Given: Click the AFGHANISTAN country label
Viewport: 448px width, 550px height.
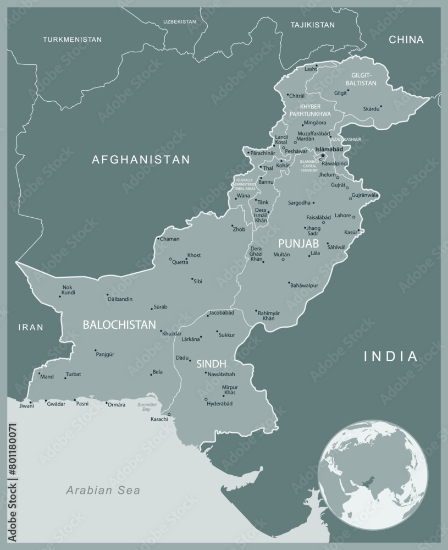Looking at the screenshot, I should point(141,159).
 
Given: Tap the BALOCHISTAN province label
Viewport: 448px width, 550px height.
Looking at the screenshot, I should point(119,324).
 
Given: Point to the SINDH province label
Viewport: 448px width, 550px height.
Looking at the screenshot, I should point(212,364).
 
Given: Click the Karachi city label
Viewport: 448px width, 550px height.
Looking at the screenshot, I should point(159,419).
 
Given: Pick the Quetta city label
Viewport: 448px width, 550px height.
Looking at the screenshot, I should point(180,262).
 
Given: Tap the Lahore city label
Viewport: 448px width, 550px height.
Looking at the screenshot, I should point(342,216).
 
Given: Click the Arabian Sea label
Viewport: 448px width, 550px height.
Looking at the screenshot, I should point(103,490).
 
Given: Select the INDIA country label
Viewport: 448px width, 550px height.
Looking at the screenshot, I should point(391,356).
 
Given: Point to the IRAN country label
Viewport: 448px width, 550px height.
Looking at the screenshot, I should point(30,327).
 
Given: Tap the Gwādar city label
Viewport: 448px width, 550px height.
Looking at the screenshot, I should point(56,404).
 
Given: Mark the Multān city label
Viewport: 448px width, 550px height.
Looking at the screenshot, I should point(282,255).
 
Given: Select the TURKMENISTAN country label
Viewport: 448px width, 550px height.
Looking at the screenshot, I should point(73,40).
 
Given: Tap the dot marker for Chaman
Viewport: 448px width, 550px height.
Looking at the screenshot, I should point(158,239).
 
